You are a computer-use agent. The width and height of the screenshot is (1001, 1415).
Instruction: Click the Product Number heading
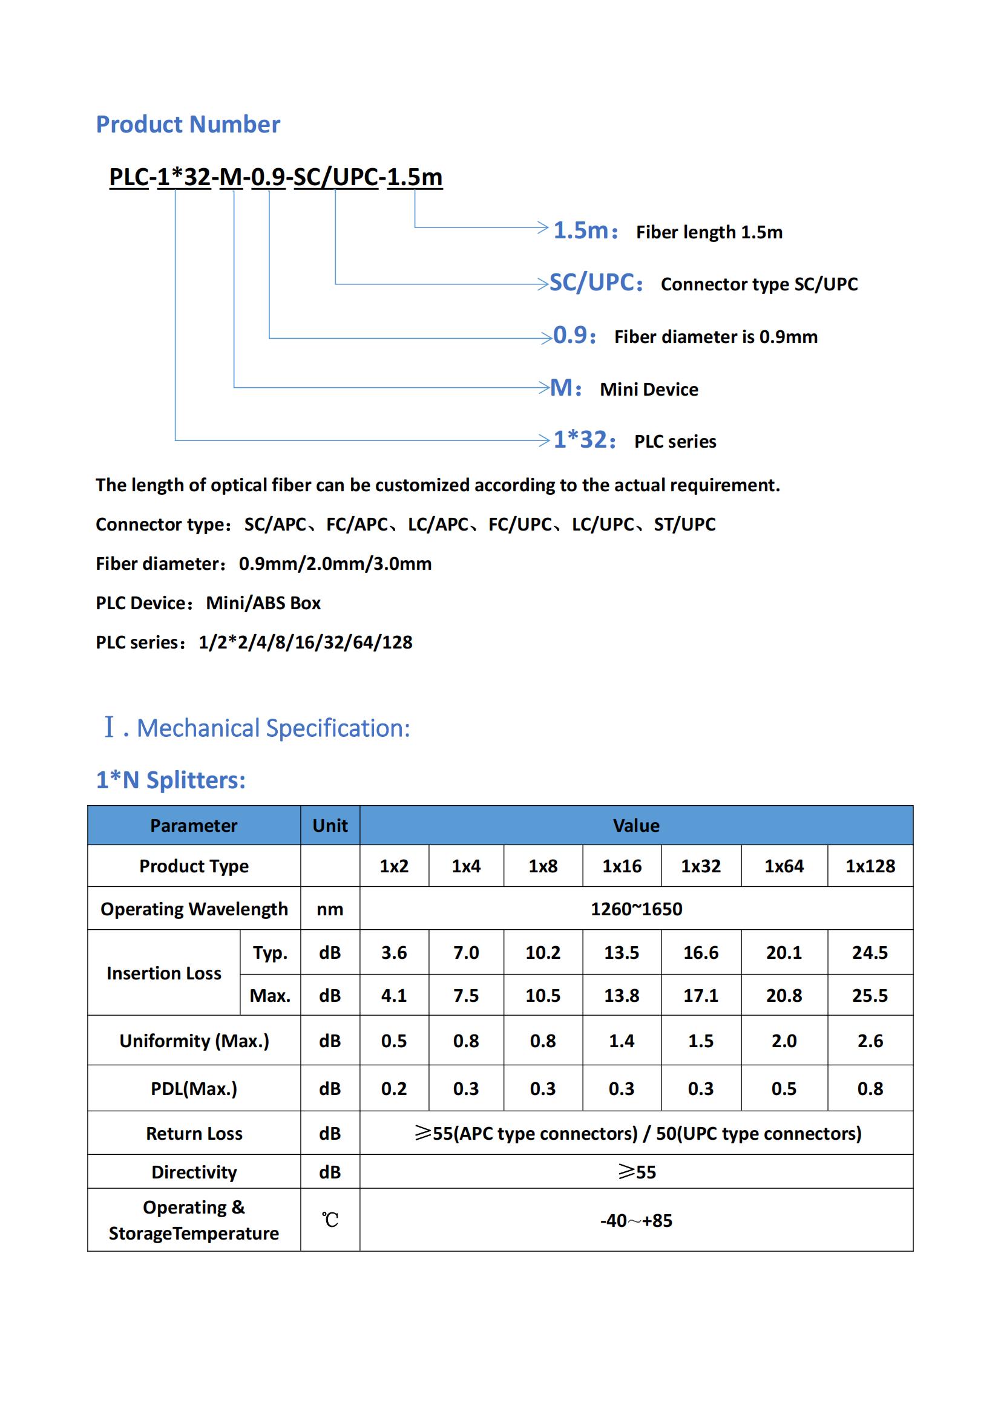(188, 125)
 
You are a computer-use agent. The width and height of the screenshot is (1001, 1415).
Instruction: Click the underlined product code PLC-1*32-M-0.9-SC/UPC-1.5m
(275, 177)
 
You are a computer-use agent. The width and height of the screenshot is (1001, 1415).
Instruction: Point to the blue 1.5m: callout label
(585, 230)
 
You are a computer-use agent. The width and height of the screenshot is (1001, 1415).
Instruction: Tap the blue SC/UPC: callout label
(596, 283)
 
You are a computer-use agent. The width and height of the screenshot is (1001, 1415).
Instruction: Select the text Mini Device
(648, 390)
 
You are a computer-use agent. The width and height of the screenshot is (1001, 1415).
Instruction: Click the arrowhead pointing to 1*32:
(543, 440)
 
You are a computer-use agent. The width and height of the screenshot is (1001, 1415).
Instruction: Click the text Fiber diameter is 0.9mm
(715, 337)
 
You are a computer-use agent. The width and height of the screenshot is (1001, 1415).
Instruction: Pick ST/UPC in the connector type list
(684, 524)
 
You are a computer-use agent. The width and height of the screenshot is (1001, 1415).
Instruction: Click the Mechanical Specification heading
(272, 728)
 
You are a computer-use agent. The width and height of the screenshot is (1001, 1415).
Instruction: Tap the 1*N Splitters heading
(171, 780)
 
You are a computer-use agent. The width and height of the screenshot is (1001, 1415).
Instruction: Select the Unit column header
(330, 826)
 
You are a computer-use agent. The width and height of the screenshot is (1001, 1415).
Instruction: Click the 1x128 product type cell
(870, 866)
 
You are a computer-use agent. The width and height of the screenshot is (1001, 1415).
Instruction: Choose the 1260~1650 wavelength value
(636, 909)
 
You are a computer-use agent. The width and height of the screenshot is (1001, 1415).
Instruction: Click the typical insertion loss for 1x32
(700, 953)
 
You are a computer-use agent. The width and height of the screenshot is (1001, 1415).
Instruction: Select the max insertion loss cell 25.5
(870, 995)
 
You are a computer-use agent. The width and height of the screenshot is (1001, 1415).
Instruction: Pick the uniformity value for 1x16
(622, 1041)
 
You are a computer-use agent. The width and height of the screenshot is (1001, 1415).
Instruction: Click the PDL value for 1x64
(783, 1088)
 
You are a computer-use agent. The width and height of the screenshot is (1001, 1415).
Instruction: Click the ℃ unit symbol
(330, 1220)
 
